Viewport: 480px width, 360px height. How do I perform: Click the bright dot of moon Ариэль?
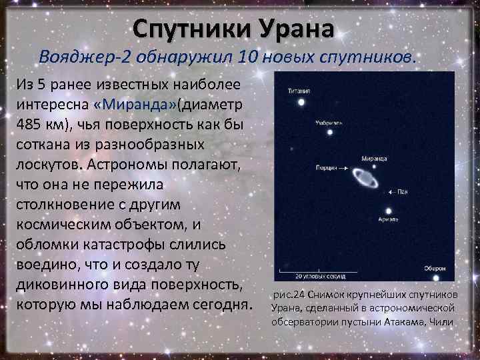pos(389,211)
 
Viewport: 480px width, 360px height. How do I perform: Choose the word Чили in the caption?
pos(442,321)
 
